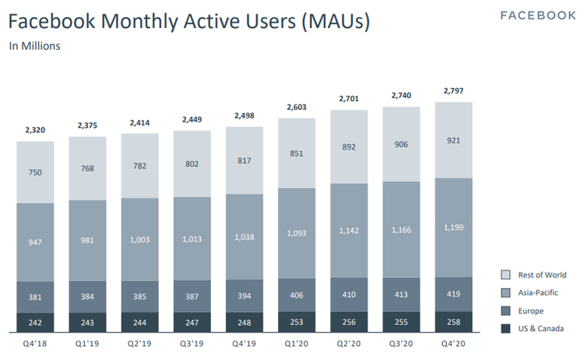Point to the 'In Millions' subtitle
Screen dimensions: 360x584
pyautogui.click(x=34, y=46)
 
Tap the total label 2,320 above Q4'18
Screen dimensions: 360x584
pyautogui.click(x=36, y=130)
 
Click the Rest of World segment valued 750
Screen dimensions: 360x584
pyautogui.click(x=36, y=172)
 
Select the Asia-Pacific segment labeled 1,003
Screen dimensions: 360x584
pyautogui.click(x=140, y=240)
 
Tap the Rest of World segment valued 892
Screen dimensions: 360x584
pyautogui.click(x=350, y=146)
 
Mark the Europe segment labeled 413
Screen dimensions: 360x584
pyautogui.click(x=402, y=295)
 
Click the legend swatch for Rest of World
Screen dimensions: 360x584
pyautogui.click(x=505, y=275)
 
